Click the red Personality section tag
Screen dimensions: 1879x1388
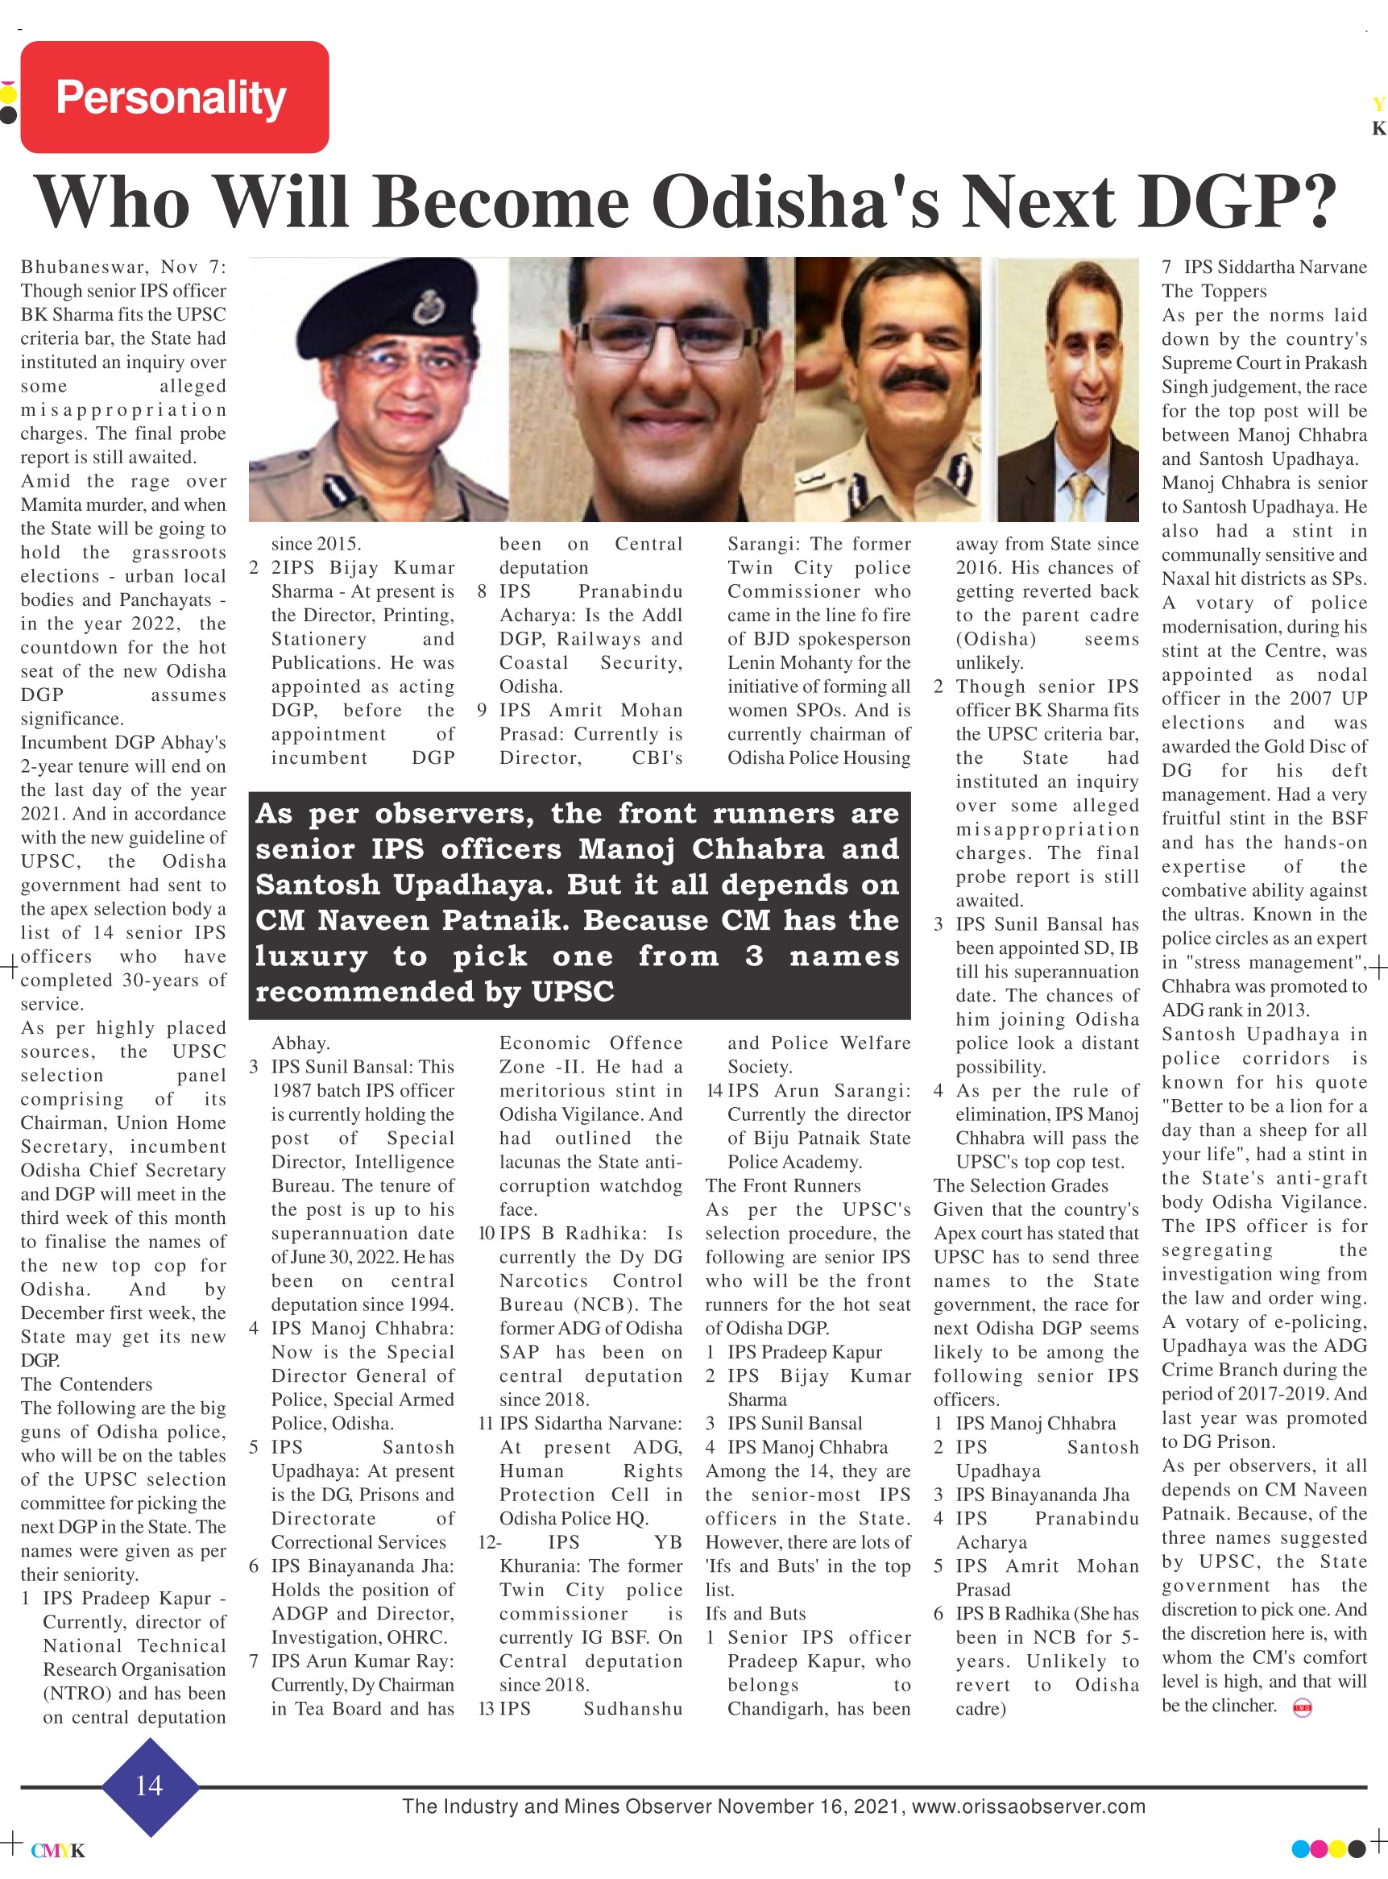point(174,97)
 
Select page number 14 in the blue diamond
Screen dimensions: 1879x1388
point(149,1786)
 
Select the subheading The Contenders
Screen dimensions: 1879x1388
point(86,1384)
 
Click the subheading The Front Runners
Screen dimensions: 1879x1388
point(782,1186)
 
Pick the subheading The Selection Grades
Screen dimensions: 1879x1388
point(1020,1186)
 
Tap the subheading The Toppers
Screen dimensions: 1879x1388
point(1214,291)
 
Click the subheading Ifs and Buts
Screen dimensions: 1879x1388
point(756,1613)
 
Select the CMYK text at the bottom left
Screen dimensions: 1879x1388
point(58,1851)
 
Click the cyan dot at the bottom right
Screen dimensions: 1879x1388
point(1299,1848)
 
